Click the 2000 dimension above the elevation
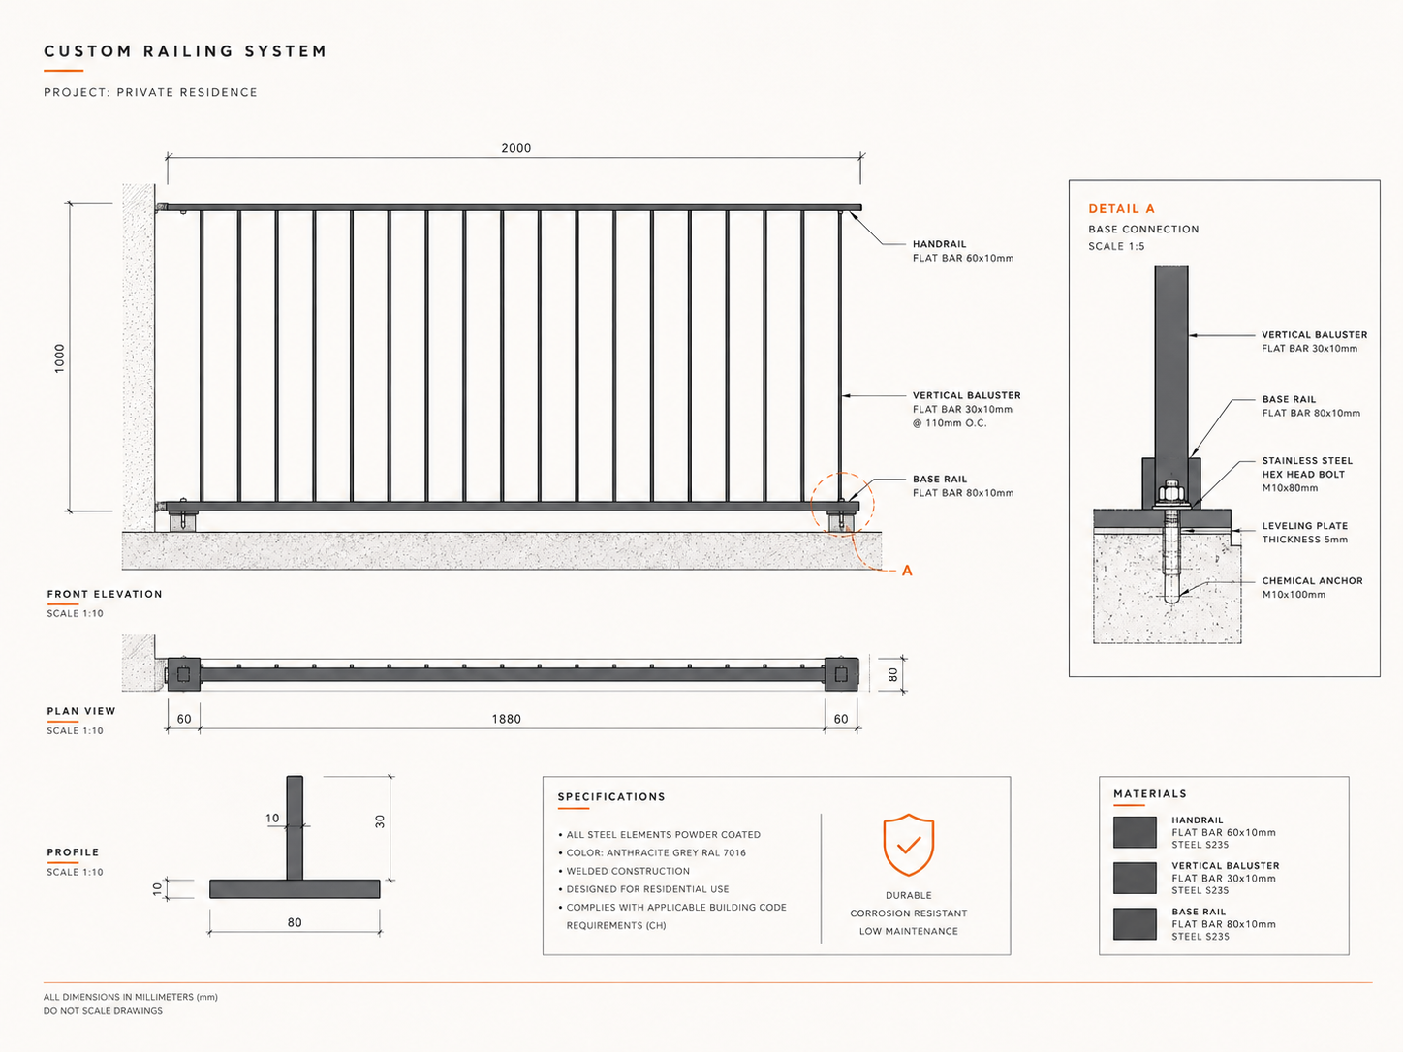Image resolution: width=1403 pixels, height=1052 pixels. (515, 148)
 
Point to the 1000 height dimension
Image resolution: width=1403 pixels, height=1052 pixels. (59, 358)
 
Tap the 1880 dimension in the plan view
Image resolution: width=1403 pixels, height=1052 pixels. (506, 719)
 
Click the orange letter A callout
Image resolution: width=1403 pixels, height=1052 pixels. (906, 571)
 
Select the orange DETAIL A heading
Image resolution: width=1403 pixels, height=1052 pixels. (1121, 209)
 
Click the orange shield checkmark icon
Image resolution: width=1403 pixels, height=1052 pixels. (908, 845)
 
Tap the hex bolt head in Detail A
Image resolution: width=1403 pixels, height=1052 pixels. (1171, 492)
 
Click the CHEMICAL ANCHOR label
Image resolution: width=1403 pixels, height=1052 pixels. (1312, 580)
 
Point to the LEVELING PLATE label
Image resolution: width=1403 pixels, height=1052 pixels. (1304, 526)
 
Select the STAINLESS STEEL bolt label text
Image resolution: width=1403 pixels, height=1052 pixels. (1307, 460)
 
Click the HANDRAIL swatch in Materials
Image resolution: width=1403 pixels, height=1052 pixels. (1135, 832)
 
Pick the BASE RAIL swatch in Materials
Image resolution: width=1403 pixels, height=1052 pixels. (1135, 923)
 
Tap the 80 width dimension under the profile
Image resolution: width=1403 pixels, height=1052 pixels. (294, 922)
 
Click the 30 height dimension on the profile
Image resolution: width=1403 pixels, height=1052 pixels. (380, 821)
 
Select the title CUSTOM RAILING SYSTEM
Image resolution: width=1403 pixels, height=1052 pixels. (185, 51)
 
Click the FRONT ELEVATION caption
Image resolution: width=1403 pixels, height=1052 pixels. (105, 594)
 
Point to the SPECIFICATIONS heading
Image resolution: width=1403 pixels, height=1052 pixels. (611, 796)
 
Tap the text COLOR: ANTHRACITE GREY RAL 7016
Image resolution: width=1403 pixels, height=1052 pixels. (656, 852)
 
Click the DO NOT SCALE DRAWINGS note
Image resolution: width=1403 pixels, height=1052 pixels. (103, 1011)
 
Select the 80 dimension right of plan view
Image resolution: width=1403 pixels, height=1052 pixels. (893, 674)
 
